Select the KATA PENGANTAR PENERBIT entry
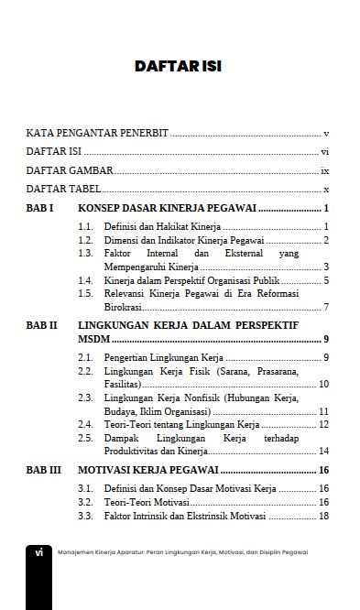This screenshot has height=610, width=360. [x=97, y=133]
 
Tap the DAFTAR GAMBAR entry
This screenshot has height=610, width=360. [x=70, y=170]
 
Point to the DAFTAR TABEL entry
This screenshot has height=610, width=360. [x=63, y=190]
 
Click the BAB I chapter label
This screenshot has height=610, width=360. [x=39, y=209]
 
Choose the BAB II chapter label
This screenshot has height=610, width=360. [x=41, y=325]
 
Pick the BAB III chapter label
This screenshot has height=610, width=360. [x=43, y=470]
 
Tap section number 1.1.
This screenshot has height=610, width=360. [x=86, y=226]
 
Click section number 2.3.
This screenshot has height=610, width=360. [x=86, y=398]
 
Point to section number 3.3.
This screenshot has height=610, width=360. [x=86, y=517]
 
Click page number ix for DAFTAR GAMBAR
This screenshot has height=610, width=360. [x=324, y=171]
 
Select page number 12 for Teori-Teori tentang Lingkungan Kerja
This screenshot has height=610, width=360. [x=323, y=424]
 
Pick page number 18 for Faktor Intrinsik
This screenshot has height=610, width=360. [x=323, y=517]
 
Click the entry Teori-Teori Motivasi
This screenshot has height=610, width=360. [x=147, y=503]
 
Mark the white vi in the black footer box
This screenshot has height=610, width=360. [x=39, y=552]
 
